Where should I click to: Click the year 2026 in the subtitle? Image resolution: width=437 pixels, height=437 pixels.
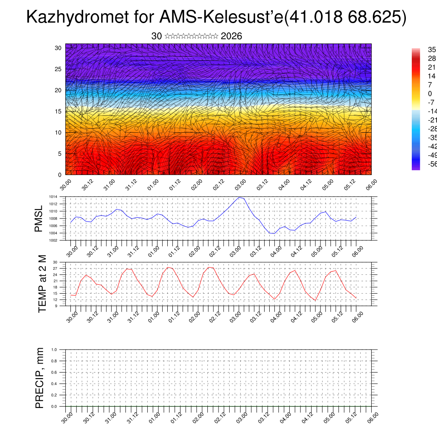pos(231,36)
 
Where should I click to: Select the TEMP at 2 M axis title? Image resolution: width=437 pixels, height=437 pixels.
pos(42,283)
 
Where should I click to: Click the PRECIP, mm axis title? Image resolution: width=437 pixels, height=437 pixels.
pos(40,378)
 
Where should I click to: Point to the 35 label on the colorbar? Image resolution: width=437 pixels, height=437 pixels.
pos(432,50)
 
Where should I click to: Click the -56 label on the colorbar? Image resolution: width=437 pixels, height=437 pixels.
pos(432,164)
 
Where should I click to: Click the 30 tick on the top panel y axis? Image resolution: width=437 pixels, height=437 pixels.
pos(58,48)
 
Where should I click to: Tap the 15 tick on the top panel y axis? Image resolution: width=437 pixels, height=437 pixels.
pos(58,111)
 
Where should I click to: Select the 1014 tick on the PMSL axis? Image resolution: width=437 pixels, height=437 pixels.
pos(53,197)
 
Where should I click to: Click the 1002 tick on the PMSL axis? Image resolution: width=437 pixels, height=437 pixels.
pos(53,240)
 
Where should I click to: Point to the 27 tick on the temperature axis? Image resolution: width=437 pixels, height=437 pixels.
pos(55,268)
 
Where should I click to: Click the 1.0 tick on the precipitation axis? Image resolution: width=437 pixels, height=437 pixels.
pos(54,350)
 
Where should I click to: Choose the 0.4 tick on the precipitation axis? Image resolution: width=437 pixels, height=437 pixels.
pos(54,384)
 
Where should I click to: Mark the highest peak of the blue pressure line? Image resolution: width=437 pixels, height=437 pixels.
pos(239,197)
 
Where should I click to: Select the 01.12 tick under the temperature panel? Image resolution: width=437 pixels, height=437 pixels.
pos(175,316)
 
